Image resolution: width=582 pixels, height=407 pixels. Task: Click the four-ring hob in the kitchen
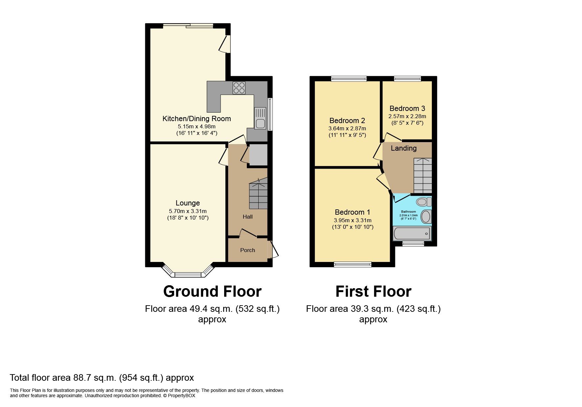coord(239,88)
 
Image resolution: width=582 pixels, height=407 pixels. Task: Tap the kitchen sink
coord(260,118)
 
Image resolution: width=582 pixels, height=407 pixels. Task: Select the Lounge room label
coord(188,203)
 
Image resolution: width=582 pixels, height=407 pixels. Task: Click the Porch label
coord(247,250)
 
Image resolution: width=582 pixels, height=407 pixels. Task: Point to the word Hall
coord(247,217)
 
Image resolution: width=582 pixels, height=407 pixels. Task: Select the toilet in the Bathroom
coord(423,201)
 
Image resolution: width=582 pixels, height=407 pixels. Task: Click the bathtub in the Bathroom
coord(412,233)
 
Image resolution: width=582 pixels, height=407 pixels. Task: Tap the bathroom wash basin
coord(426,217)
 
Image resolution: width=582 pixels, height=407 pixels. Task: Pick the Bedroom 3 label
coord(407,109)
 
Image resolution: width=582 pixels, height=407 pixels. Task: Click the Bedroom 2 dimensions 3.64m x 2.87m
coord(347,129)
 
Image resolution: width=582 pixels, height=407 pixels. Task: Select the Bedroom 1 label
coord(352,212)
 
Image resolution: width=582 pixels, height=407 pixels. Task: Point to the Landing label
coord(404,148)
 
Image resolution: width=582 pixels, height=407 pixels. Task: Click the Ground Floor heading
coord(212,291)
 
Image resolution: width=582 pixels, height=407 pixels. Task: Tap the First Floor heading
coord(373,291)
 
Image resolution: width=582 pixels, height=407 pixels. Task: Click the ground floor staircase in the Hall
coord(258,195)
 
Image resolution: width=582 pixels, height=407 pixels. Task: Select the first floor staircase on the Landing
coord(423,176)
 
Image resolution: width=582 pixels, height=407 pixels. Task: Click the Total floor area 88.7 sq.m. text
coord(102,378)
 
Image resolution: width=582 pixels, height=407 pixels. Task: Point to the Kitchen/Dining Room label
coord(197,119)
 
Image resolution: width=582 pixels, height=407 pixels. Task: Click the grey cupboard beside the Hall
coord(258,155)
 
